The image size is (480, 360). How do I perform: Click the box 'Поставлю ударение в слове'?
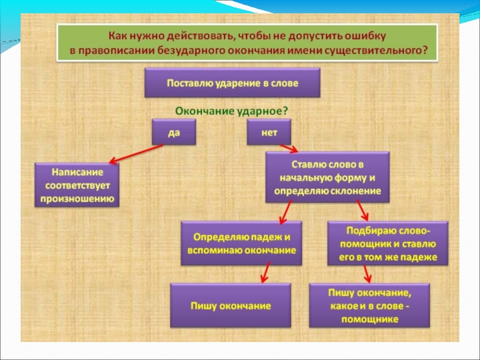[232, 83]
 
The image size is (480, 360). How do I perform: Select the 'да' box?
[174, 132]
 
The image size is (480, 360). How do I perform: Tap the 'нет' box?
[269, 132]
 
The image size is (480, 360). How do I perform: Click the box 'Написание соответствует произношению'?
[77, 185]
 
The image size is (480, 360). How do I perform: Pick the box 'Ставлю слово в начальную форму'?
[328, 177]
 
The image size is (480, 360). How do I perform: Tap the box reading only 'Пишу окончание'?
[231, 306]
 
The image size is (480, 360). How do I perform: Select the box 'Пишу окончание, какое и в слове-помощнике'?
[370, 306]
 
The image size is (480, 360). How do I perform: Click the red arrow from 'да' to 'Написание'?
[134, 154]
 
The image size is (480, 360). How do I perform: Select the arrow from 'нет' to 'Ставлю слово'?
[287, 148]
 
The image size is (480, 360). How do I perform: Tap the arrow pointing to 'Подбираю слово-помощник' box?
[362, 211]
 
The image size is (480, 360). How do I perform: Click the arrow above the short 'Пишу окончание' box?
[263, 274]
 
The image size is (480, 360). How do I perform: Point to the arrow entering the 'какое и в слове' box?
[367, 274]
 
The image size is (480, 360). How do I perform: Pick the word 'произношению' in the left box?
[77, 198]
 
